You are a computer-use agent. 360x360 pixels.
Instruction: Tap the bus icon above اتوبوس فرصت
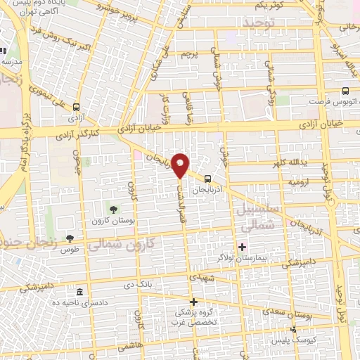[345, 91]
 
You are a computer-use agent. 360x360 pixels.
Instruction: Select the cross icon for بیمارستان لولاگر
[243, 247]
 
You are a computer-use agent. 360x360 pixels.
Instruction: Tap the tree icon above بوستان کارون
[112, 210]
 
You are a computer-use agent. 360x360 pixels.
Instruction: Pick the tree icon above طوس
[69, 238]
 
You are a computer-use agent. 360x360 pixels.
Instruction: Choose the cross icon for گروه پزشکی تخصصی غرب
[193, 302]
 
